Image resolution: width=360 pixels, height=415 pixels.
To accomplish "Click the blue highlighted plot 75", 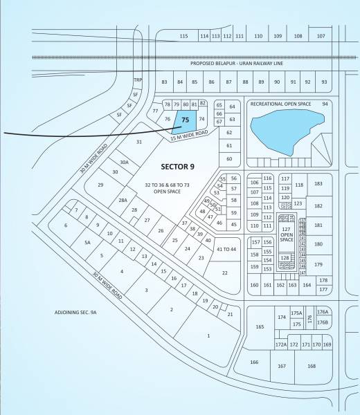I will (x=184, y=120).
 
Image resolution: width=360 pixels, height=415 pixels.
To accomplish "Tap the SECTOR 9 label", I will (x=179, y=166).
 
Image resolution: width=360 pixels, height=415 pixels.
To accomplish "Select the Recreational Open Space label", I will (x=280, y=104).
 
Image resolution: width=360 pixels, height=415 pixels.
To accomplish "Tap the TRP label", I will (x=137, y=80).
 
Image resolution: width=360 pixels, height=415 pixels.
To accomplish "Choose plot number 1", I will (x=208, y=335).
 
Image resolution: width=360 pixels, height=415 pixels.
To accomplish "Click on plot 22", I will (x=224, y=273).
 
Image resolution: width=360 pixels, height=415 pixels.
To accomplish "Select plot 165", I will (x=260, y=326).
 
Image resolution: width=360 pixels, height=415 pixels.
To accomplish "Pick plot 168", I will (x=312, y=366).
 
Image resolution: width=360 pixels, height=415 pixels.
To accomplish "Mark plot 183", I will (x=318, y=183).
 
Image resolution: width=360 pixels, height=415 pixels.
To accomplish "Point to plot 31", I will (x=139, y=142).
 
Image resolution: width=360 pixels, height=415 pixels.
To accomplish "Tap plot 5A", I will (x=88, y=243).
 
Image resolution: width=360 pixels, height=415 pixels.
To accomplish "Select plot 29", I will (x=100, y=185).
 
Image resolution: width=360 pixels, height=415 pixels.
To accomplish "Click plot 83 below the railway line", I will (x=164, y=82).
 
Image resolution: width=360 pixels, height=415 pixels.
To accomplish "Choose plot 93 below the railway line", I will (x=324, y=82).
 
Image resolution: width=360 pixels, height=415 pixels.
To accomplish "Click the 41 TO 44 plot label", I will (x=227, y=249).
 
